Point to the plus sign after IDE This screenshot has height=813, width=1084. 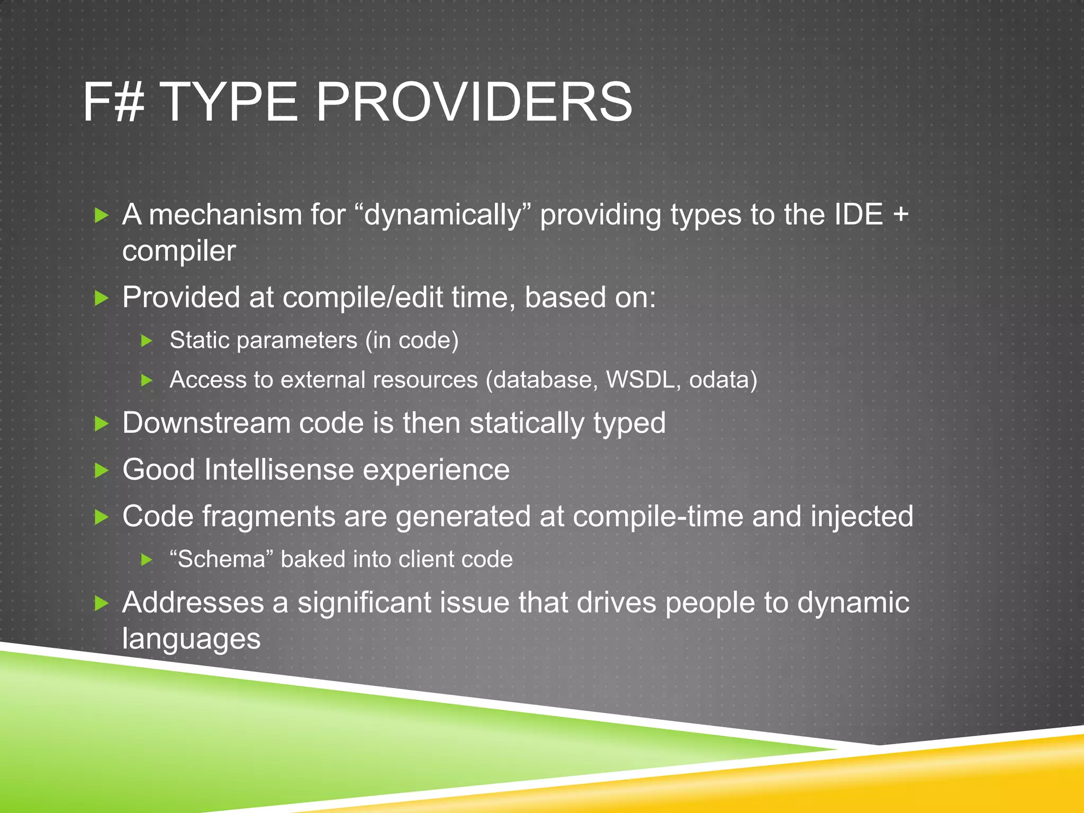pyautogui.click(x=900, y=215)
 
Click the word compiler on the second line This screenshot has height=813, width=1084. pyautogui.click(x=179, y=251)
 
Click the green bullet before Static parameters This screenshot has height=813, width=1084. pyautogui.click(x=147, y=340)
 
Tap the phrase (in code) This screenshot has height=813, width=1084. pyautogui.click(x=412, y=340)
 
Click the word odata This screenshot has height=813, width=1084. pyautogui.click(x=723, y=380)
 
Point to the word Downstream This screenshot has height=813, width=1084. pyautogui.click(x=206, y=423)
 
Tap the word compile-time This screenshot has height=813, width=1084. pyautogui.click(x=658, y=517)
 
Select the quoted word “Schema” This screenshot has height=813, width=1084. pyautogui.click(x=221, y=559)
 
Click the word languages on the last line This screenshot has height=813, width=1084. pyautogui.click(x=191, y=639)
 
